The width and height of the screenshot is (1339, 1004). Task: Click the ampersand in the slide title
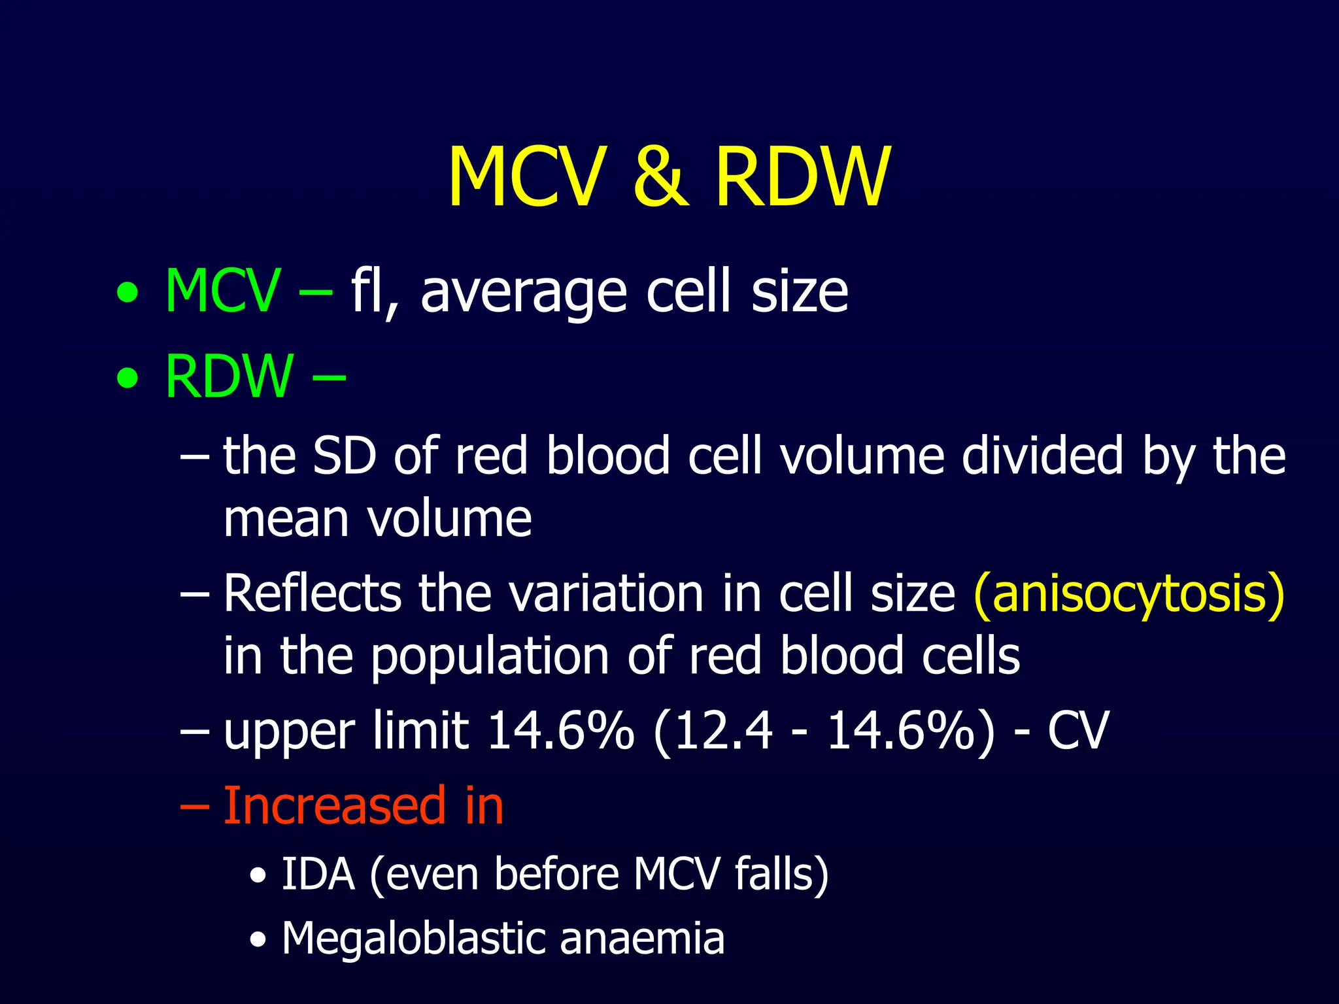point(660,177)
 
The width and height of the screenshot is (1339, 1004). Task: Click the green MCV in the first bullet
point(222,291)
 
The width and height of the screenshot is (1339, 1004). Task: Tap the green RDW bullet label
point(229,376)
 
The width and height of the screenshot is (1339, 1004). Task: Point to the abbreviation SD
point(345,456)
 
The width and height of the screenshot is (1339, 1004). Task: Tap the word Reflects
point(312,594)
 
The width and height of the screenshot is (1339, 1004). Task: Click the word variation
point(606,594)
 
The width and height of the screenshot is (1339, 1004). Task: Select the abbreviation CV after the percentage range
point(1079,731)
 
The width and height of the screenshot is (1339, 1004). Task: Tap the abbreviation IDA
point(318,874)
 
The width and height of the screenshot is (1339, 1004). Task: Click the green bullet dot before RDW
point(128,378)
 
